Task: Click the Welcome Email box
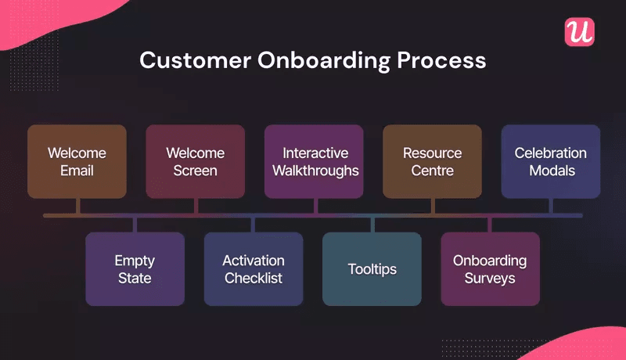pos(77,161)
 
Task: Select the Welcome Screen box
pos(195,161)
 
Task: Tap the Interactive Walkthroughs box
pos(314,161)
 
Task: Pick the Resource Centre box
pos(432,161)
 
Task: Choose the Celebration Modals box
pos(550,161)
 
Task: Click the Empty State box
pos(135,268)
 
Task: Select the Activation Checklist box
pos(254,268)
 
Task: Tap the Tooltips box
pos(372,268)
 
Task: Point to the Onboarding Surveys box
pos(490,268)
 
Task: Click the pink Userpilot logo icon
pos(579,31)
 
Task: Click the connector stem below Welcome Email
pos(77,205)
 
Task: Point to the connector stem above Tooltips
pos(372,225)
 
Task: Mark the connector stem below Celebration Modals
pos(550,205)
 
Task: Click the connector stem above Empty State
pos(135,225)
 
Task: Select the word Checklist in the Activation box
pos(254,278)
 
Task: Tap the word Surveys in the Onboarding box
pos(490,278)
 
